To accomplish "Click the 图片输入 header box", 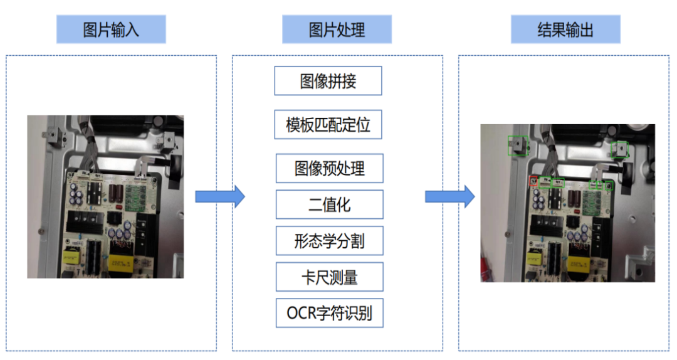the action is point(111,29).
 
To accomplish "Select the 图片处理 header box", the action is point(337,29).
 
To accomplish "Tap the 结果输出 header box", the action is point(565,29).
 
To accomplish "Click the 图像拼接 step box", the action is point(328,81).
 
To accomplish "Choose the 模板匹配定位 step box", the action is point(328,124).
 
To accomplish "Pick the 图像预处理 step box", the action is point(330,168).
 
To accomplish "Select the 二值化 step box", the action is point(330,204).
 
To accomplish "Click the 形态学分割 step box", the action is point(330,241).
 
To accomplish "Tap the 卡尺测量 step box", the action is point(330,277).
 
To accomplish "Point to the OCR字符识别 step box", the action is point(330,313).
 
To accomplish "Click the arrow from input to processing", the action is point(220,197).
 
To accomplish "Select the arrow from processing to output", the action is point(450,197).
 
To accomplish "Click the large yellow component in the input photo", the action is point(120,262).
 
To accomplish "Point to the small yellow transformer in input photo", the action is point(71,257).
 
